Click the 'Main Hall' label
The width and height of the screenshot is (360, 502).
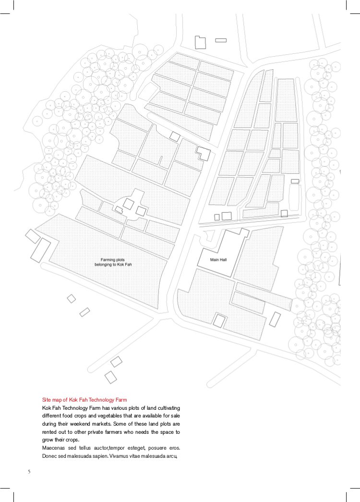[x=218, y=259]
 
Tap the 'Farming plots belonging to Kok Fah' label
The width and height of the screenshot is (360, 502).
[x=113, y=262]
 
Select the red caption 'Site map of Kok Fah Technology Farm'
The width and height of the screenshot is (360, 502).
[x=84, y=400]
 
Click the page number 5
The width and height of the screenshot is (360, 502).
[x=29, y=472]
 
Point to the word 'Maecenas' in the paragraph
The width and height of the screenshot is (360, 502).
[x=53, y=448]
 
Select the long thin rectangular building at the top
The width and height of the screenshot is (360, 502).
[x=221, y=40]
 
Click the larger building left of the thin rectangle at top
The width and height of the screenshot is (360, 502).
[x=200, y=43]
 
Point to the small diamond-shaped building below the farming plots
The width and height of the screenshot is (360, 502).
[x=72, y=299]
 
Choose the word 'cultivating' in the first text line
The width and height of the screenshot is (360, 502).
[x=168, y=408]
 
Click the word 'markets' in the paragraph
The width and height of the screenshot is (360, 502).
[x=101, y=424]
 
